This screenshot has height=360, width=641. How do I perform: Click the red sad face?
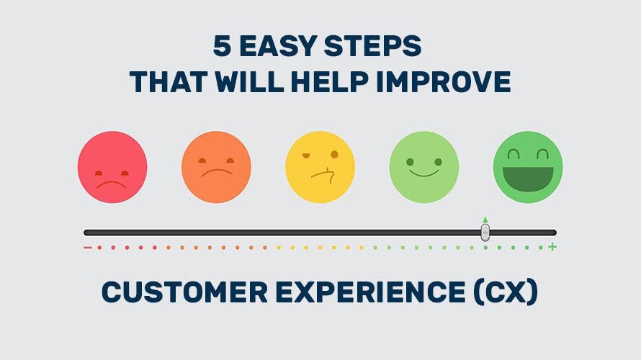[x=112, y=166]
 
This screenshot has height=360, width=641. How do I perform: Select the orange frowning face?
[x=216, y=166]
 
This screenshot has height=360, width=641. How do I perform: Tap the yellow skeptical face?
[x=320, y=166]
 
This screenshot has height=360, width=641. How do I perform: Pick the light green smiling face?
[x=423, y=166]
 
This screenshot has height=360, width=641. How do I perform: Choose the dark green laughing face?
[x=528, y=166]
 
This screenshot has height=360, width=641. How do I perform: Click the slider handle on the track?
[x=485, y=232]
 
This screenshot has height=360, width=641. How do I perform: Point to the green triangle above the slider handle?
[x=485, y=220]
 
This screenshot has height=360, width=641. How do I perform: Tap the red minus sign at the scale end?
[x=87, y=248]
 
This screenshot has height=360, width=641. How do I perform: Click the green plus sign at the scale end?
[x=552, y=248]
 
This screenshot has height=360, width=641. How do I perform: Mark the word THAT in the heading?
[x=167, y=81]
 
